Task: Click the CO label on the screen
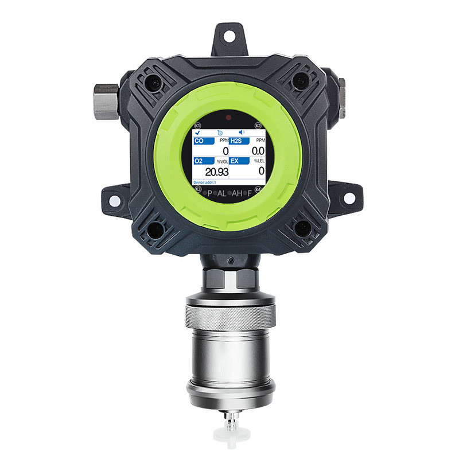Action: [200, 141]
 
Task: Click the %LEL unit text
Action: [259, 161]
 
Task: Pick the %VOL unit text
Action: [222, 161]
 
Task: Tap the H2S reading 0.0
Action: [258, 151]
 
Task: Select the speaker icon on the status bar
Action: [242, 132]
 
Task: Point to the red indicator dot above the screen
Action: [229, 117]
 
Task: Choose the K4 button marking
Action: [258, 189]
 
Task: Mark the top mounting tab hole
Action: [229, 36]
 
